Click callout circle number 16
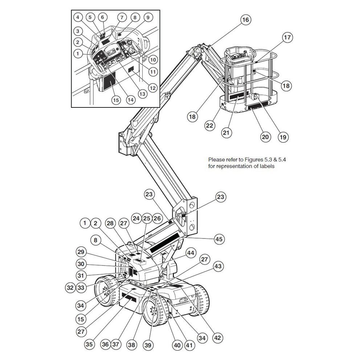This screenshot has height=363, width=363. (246, 20)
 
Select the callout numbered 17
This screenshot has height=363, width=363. (287, 37)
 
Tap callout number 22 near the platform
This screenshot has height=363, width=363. (209, 126)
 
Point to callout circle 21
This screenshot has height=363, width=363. (227, 133)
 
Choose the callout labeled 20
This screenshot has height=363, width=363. (266, 137)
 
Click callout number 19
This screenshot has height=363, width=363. (283, 137)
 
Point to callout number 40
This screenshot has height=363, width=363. (177, 345)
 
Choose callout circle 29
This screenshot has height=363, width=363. (81, 252)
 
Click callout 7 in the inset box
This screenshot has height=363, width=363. (122, 17)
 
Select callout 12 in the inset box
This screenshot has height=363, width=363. (152, 87)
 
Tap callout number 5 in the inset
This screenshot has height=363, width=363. (90, 17)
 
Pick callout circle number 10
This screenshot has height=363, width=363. (153, 59)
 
